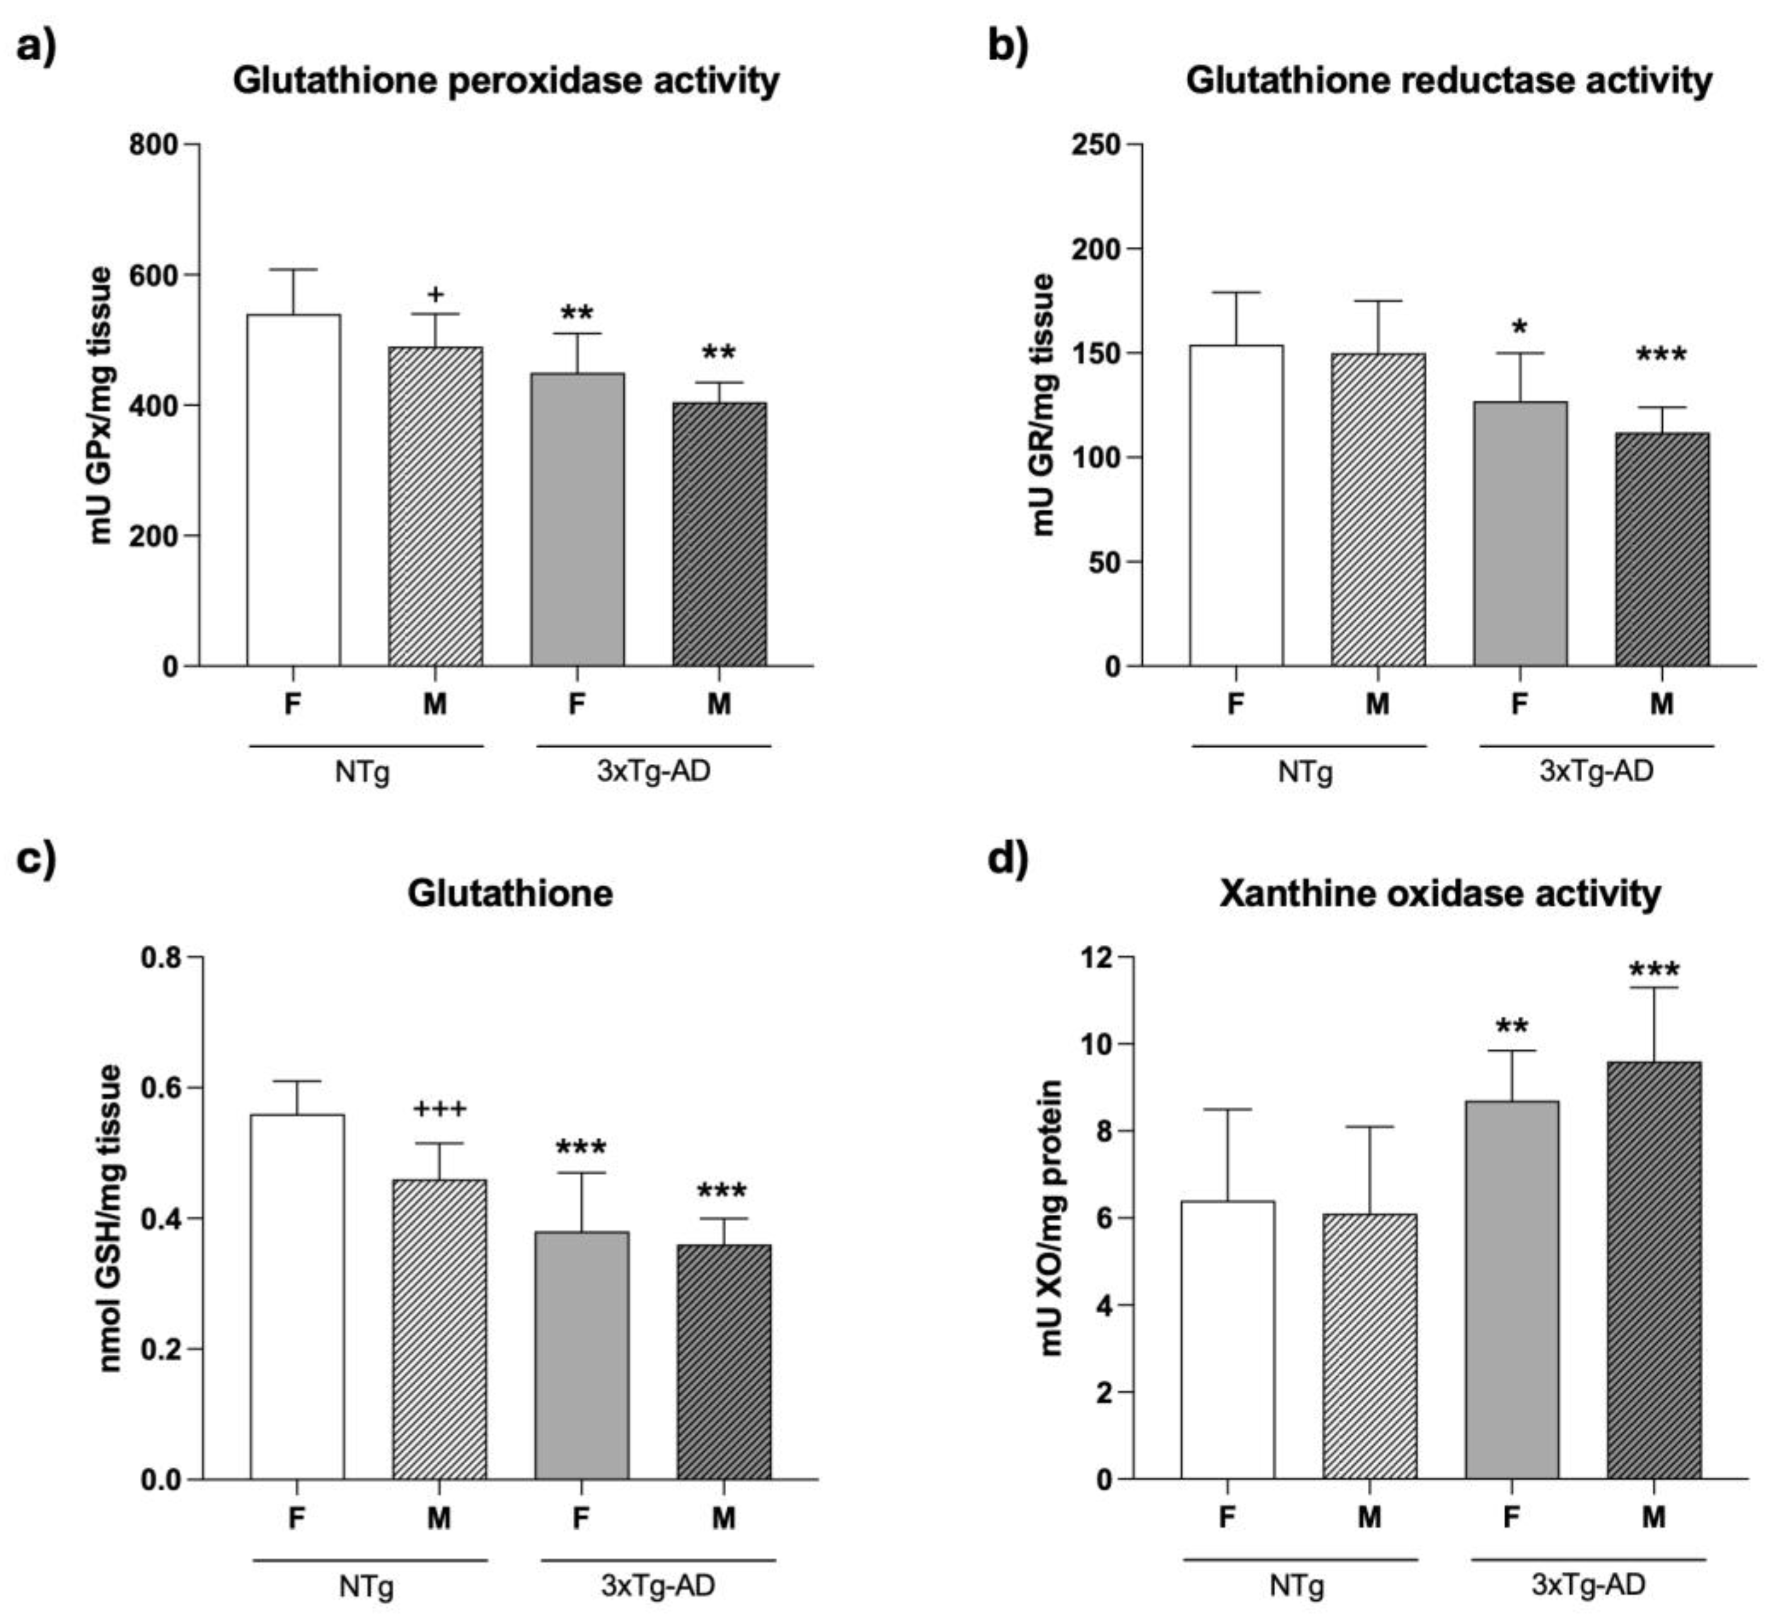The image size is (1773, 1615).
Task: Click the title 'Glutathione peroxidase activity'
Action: click(x=506, y=81)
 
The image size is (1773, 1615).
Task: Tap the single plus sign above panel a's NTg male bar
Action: click(x=435, y=294)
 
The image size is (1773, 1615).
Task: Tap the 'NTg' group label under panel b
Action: click(x=1305, y=773)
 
